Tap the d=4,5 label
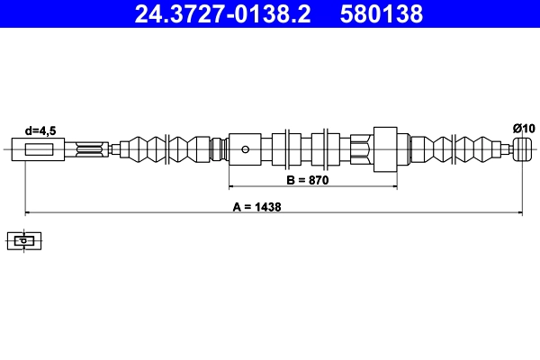coord(40,130)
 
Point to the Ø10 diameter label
coord(523,129)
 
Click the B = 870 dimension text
coord(309,180)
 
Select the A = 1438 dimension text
coord(257,205)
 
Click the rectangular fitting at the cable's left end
coord(39,149)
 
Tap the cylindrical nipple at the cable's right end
coord(523,149)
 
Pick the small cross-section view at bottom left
coord(24,240)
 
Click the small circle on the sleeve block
coord(245,149)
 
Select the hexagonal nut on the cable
coord(361,149)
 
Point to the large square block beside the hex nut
coord(385,149)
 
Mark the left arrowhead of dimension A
coord(28,212)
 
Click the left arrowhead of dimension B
coord(233,187)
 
